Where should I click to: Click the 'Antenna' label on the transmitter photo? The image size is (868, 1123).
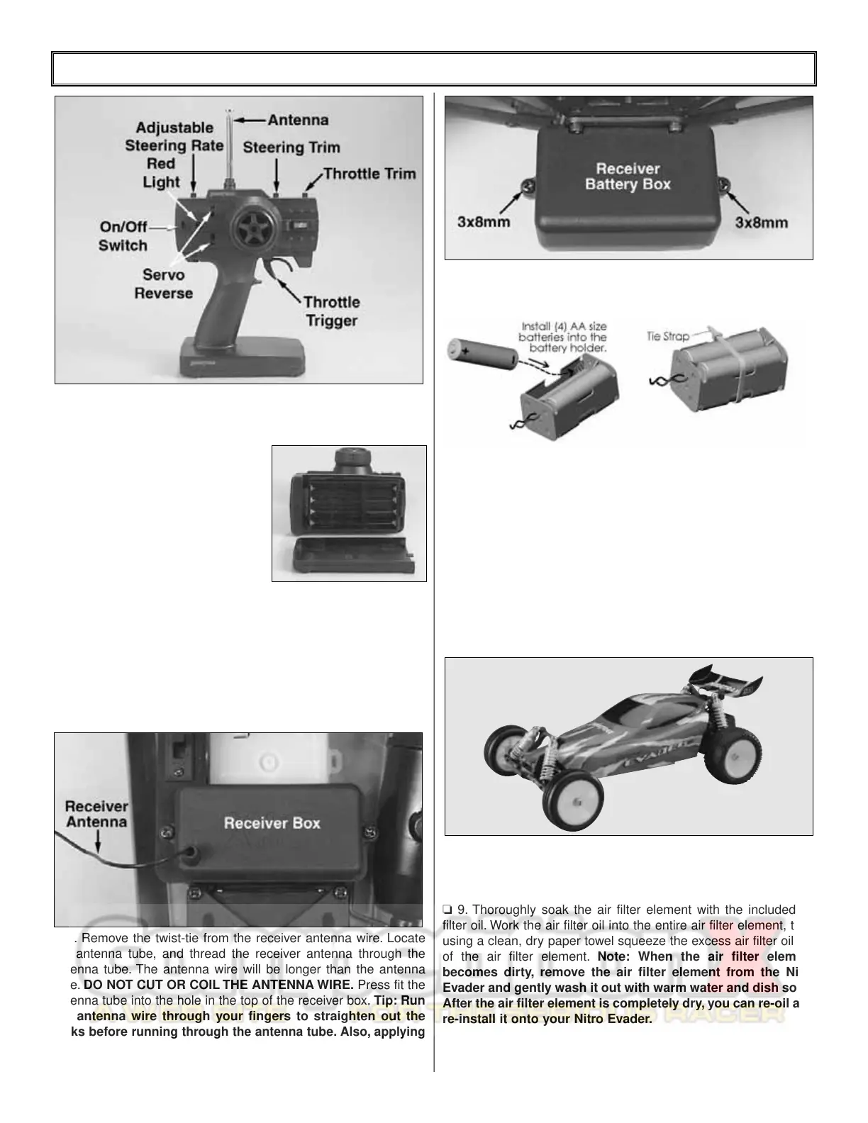298,120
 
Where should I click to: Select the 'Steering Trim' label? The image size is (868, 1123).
291,147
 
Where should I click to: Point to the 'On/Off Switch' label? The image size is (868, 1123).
123,236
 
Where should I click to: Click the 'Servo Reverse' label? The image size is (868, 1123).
163,284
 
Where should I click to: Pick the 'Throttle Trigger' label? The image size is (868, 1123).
331,311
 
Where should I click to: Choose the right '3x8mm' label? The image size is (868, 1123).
761,222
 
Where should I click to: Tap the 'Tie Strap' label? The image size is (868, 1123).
667,336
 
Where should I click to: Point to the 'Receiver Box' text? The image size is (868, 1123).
272,823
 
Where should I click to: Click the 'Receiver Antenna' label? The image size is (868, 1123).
96,814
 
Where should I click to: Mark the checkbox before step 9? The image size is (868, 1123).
447,910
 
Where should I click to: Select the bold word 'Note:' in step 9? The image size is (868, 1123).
616,957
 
